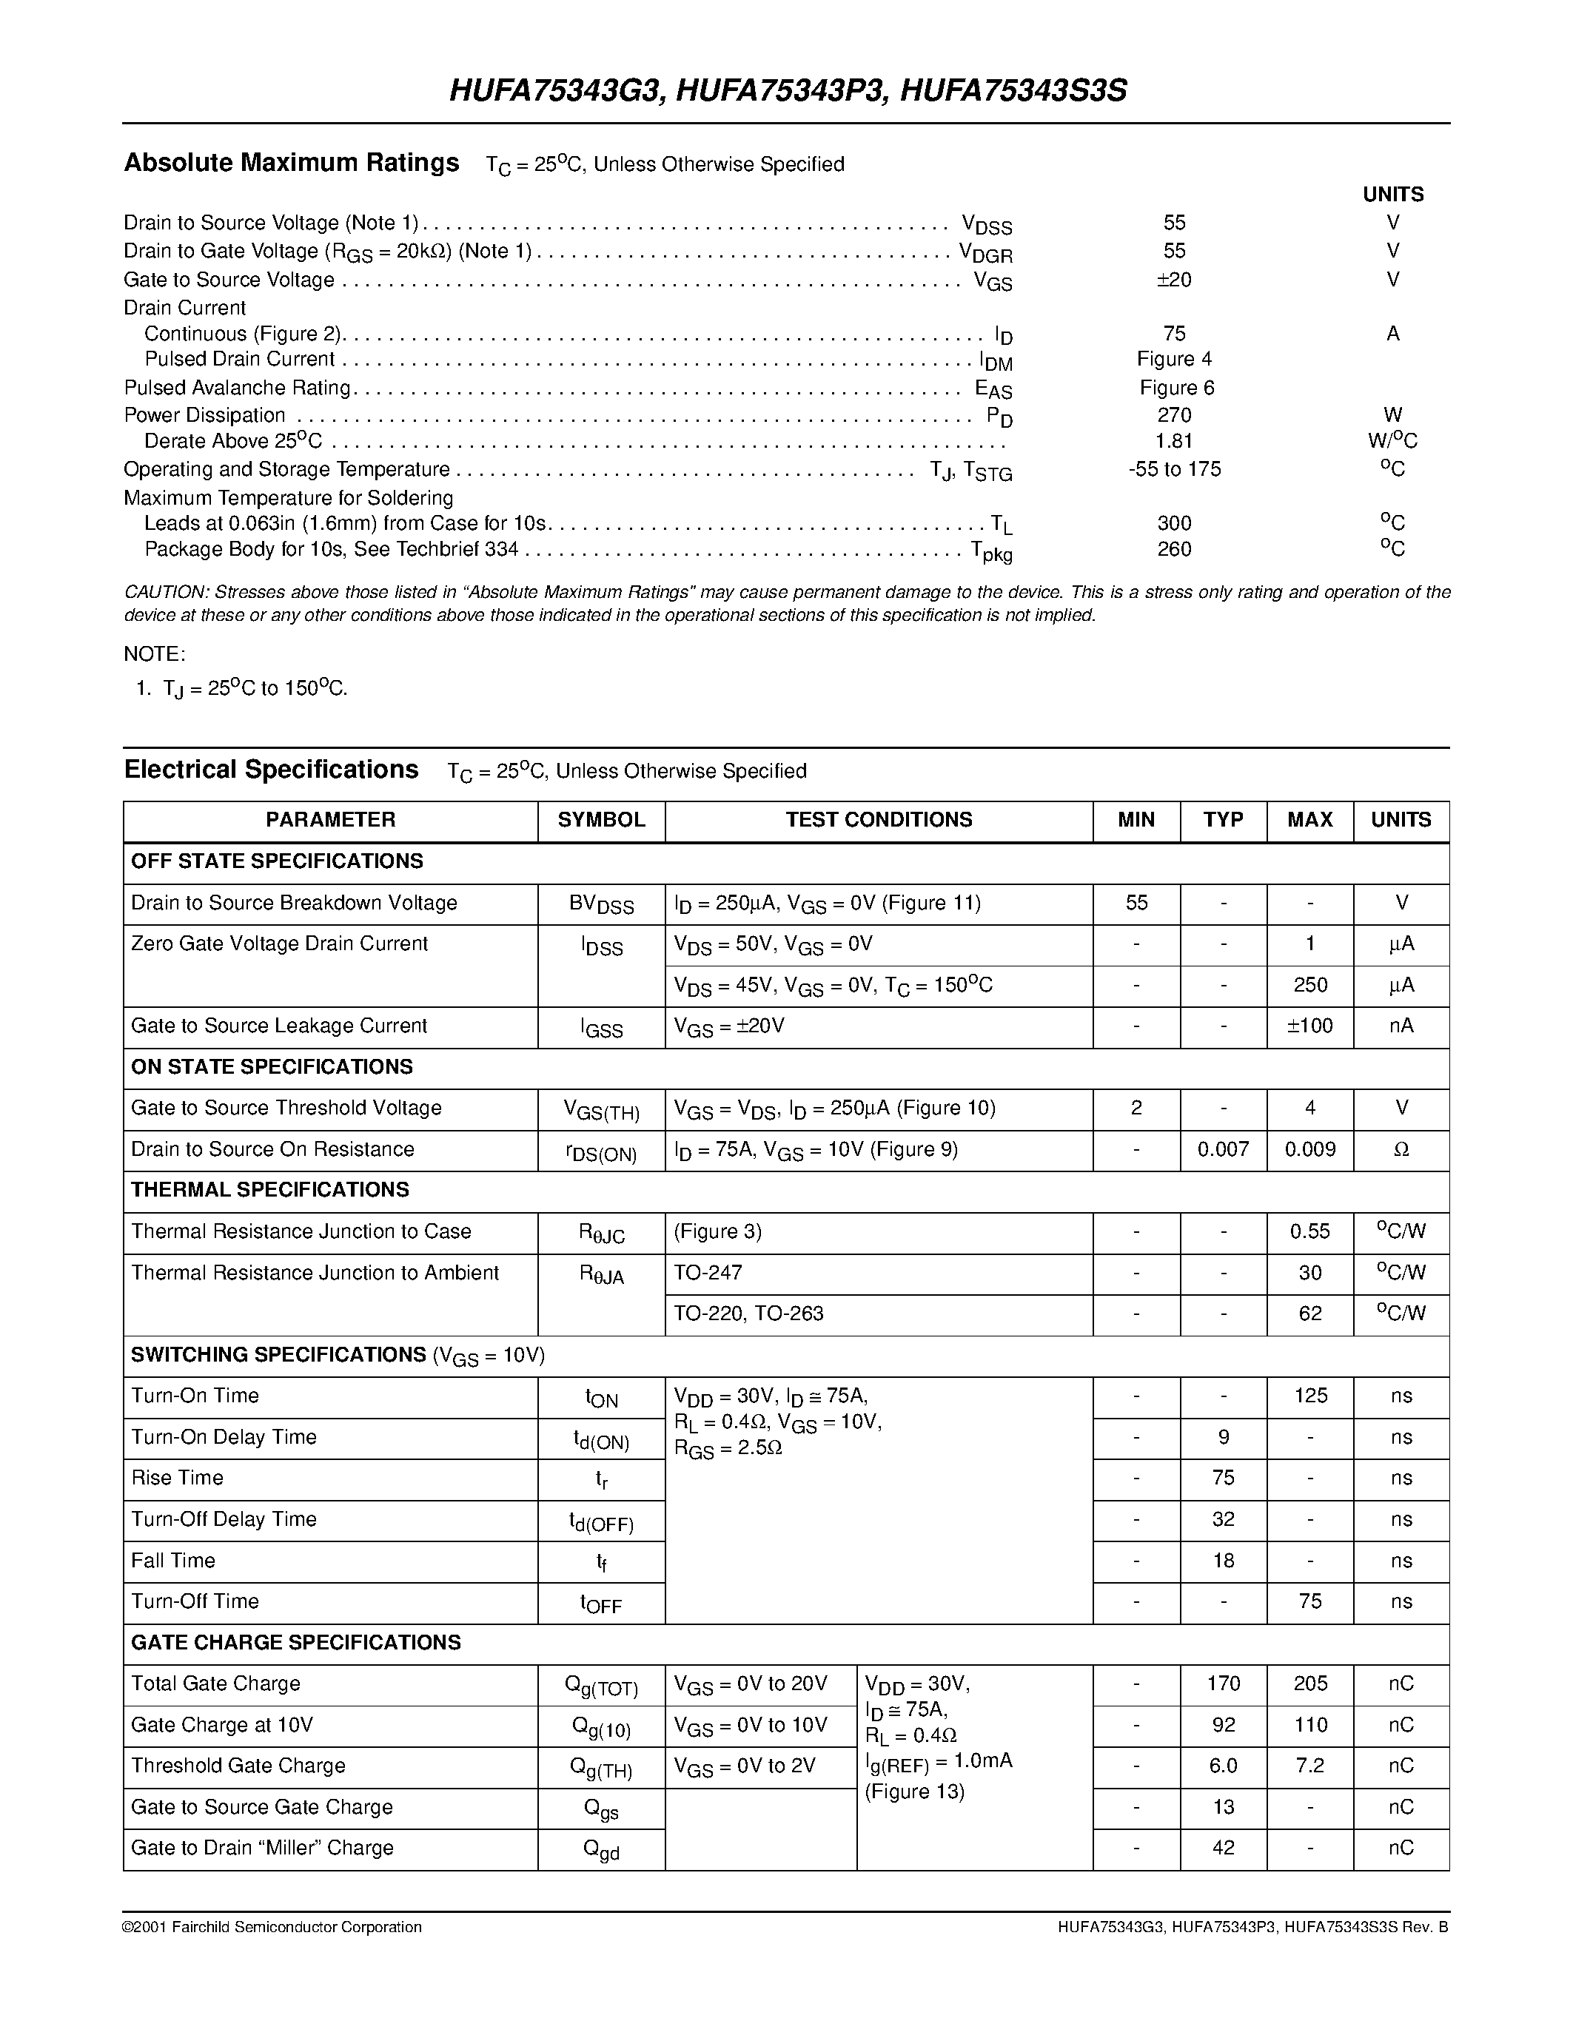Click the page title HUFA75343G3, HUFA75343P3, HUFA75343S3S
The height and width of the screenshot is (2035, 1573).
(x=788, y=90)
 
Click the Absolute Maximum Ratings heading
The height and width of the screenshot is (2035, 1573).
(x=291, y=163)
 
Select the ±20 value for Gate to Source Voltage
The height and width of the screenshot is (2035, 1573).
(x=1173, y=280)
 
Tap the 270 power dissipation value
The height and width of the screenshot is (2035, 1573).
(x=1174, y=414)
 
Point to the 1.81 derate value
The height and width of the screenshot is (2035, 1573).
(x=1174, y=441)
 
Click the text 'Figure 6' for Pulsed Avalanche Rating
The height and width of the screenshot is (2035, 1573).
(x=1176, y=388)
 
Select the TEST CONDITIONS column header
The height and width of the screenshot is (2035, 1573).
(x=878, y=820)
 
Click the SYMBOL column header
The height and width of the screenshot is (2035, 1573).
(x=601, y=820)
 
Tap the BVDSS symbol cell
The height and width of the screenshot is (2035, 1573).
(x=601, y=904)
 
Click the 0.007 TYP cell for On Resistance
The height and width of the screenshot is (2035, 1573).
(x=1223, y=1149)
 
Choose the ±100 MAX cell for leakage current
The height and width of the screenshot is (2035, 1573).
(x=1309, y=1026)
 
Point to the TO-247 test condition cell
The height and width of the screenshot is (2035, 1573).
(x=708, y=1273)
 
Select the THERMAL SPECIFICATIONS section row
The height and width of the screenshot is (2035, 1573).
(x=270, y=1190)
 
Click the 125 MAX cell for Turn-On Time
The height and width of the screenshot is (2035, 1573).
(x=1309, y=1396)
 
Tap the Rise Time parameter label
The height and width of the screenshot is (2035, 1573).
(x=177, y=1478)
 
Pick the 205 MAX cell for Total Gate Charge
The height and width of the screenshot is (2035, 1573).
(x=1309, y=1683)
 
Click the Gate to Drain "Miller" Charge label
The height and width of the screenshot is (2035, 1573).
(x=262, y=1848)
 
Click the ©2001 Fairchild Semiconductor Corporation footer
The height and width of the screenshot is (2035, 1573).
(x=272, y=1927)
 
